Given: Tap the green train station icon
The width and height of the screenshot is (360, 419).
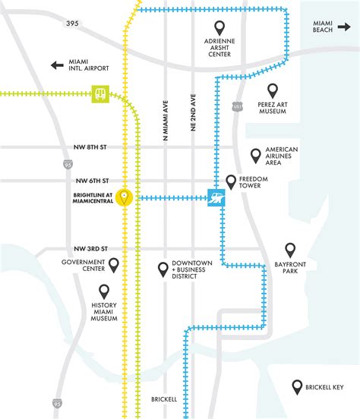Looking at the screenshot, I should point(100,94).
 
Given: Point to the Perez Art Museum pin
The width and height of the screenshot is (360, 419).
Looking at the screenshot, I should point(272,91).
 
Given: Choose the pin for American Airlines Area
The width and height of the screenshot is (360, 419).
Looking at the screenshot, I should point(256,156).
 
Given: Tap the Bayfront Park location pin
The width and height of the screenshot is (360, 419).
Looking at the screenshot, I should point(289,250).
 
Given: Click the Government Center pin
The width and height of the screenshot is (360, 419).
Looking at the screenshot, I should point(114,265).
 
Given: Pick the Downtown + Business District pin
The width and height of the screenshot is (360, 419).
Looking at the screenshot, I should point(163,269).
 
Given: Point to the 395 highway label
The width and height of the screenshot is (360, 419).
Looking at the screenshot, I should point(72,24).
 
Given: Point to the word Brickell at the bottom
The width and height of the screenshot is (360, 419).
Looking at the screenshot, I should point(164,399).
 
